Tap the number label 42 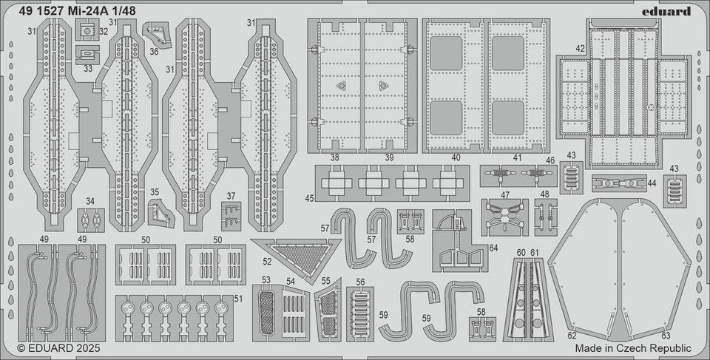coord(581,50)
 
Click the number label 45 coord(308,197)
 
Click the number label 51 coord(237,298)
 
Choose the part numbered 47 coord(505,214)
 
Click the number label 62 coord(571,335)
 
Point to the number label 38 coord(335,157)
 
